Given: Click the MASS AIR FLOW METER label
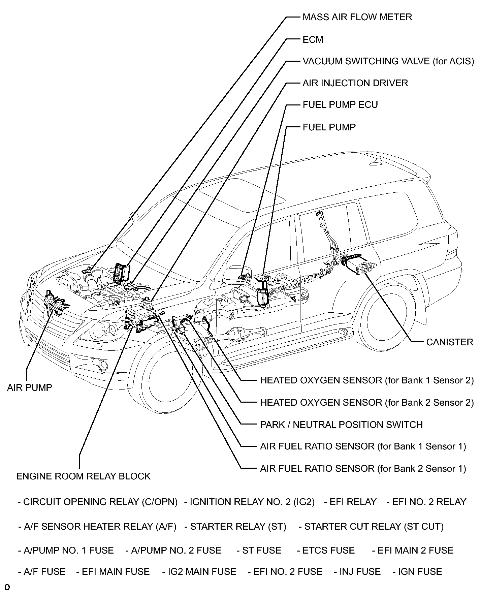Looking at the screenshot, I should tap(357, 17).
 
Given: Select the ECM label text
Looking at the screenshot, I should tap(313, 40).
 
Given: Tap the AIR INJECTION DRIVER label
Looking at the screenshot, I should tap(355, 83).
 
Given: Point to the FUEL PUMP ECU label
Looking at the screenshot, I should tap(340, 105).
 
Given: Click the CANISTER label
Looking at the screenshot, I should tap(449, 342).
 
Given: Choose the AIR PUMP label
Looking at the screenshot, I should tap(30, 387).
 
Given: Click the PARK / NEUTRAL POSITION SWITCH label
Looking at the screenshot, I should tap(341, 425).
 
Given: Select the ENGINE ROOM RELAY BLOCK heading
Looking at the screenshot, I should tap(83, 476).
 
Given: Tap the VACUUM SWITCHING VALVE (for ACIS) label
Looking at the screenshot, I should tap(388, 61).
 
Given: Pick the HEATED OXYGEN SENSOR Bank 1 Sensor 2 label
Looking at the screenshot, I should tap(366, 380).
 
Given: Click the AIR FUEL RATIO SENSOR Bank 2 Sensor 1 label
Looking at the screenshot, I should tap(363, 469).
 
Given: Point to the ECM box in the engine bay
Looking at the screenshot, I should tap(122, 273).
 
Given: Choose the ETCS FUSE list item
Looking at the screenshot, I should tap(325, 551).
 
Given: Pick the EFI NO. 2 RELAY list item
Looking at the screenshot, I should tap(426, 502).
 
